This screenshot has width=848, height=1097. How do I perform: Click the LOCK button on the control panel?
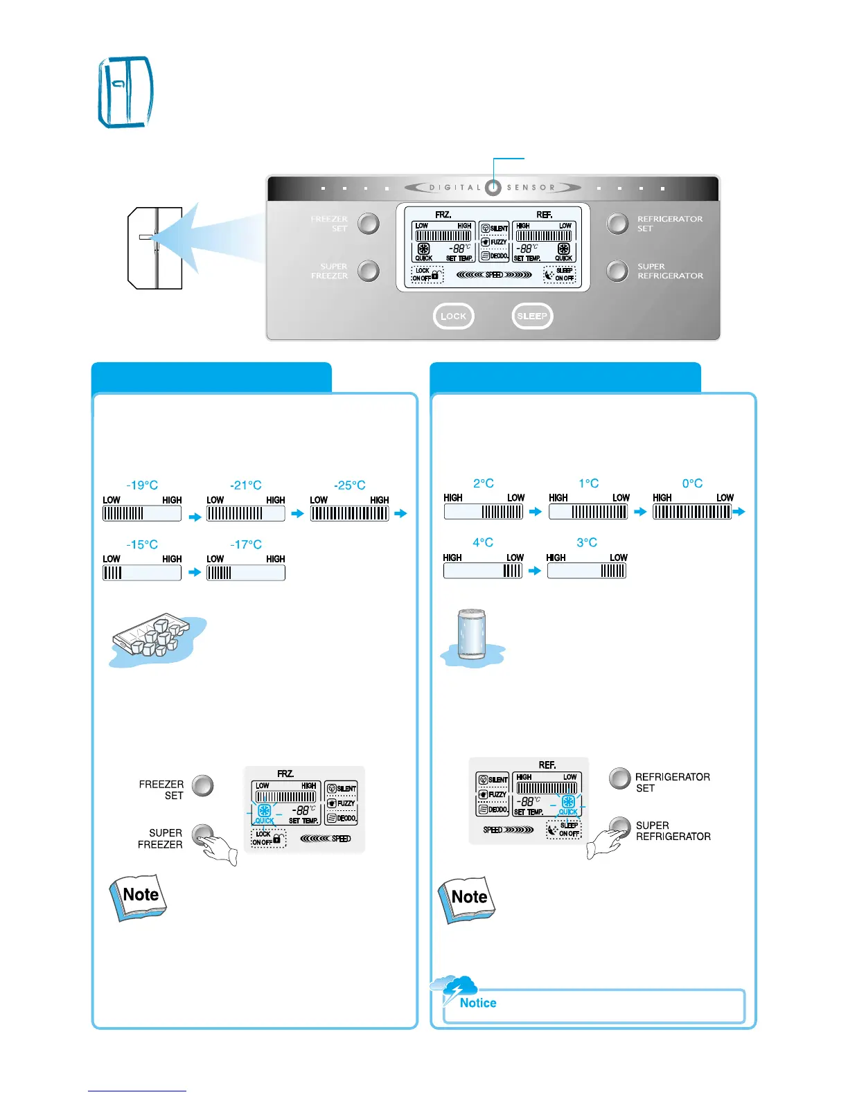(x=453, y=316)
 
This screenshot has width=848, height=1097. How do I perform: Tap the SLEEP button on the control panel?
(x=532, y=316)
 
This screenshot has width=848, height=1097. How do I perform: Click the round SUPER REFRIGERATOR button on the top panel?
(x=617, y=271)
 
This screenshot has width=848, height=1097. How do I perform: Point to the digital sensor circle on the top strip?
(x=493, y=188)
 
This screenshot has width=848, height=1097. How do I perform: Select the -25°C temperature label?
(x=350, y=485)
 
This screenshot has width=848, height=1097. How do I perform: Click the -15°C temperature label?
(x=142, y=544)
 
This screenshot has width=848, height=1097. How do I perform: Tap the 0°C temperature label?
(x=692, y=483)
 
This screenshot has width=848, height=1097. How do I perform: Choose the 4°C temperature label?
(x=483, y=542)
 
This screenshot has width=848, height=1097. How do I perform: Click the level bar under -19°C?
(x=142, y=513)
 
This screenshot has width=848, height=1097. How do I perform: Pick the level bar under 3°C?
(x=587, y=571)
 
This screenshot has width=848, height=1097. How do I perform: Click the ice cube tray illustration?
(x=156, y=638)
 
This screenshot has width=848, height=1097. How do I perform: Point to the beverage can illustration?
(x=472, y=634)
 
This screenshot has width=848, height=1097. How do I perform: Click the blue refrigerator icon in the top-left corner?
(x=125, y=92)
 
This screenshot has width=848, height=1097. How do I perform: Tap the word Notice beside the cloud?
(x=478, y=1003)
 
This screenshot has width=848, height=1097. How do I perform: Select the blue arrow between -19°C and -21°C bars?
(x=194, y=516)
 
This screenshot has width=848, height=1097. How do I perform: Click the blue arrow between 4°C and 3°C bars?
(x=534, y=571)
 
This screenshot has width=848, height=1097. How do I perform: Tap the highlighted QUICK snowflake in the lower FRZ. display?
(x=264, y=811)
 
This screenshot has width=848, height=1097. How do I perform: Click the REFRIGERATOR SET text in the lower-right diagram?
(x=672, y=783)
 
